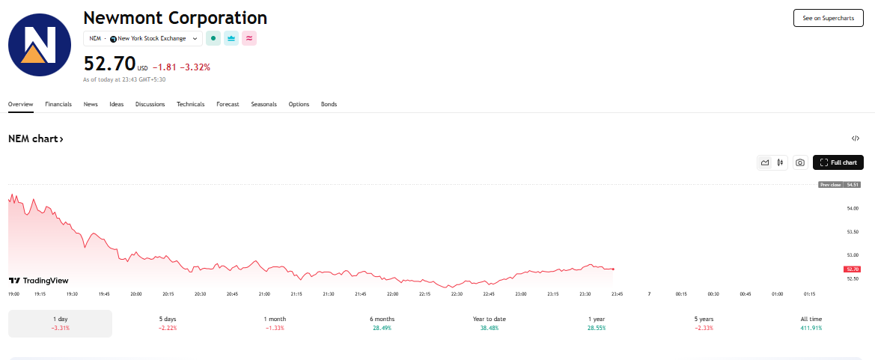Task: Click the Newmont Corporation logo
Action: (40, 45)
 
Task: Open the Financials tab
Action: (58, 104)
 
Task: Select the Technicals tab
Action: (190, 104)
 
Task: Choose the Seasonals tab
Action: (263, 104)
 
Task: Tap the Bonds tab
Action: (329, 104)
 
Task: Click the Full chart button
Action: (838, 162)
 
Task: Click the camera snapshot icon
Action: (800, 162)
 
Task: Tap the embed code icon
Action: (855, 138)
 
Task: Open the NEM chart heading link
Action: (36, 139)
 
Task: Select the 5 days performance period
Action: (168, 324)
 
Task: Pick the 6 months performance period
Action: (382, 324)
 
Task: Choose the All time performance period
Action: (811, 324)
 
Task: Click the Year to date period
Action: (489, 324)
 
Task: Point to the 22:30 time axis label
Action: (457, 293)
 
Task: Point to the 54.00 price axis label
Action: (853, 208)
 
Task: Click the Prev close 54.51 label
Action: (839, 184)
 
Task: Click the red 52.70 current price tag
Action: (853, 269)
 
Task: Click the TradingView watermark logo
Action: (38, 281)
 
